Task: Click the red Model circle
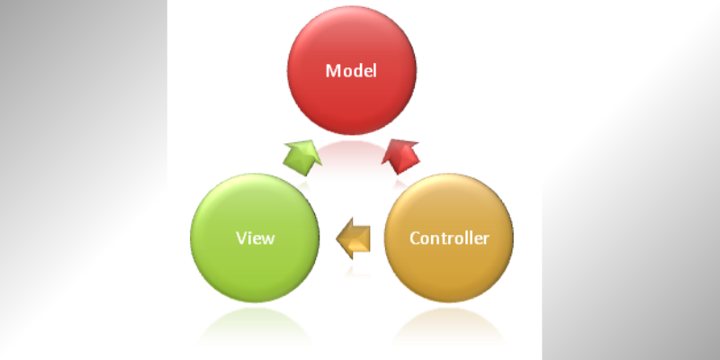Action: click(352, 70)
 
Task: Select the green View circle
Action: click(255, 238)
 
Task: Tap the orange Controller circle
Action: click(448, 238)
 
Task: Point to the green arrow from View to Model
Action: click(302, 157)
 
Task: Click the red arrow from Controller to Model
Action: click(400, 157)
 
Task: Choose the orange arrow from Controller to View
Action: click(353, 238)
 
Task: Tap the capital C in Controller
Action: click(415, 238)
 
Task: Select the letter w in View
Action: click(267, 239)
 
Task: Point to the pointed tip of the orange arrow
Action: click(337, 238)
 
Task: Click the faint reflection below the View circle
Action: click(255, 327)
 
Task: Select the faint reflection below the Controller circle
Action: click(448, 327)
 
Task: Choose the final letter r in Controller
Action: click(486, 239)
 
